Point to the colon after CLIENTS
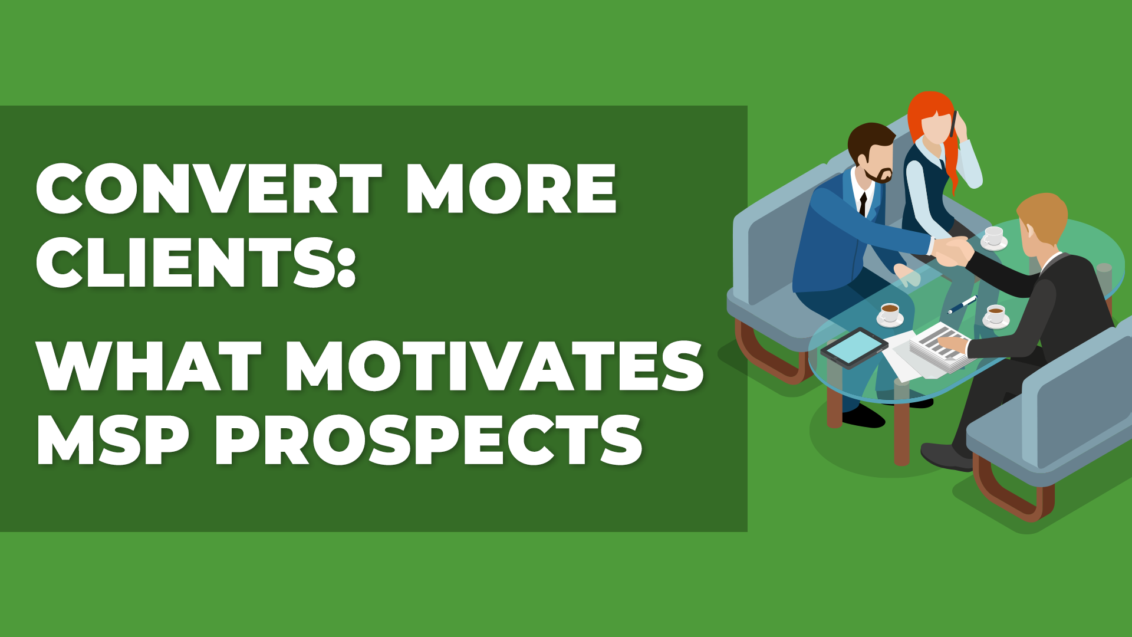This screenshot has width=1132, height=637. pyautogui.click(x=348, y=265)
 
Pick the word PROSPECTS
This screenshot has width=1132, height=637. pyautogui.click(x=429, y=439)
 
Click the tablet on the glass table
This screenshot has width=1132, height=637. pyautogui.click(x=854, y=347)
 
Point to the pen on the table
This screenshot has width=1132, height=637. pyautogui.click(x=962, y=305)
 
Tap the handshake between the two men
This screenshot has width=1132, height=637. pyautogui.click(x=952, y=251)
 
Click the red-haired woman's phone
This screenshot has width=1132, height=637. pyautogui.click(x=954, y=123)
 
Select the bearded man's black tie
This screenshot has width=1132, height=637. pyautogui.click(x=863, y=203)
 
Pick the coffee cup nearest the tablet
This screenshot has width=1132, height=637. pyautogui.click(x=890, y=314)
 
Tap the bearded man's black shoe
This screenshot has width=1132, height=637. pyautogui.click(x=864, y=416)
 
